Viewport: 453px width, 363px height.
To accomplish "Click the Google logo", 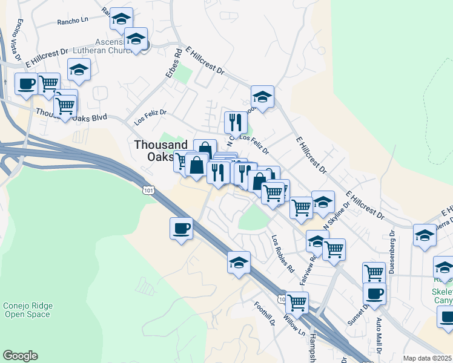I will coord(20,356).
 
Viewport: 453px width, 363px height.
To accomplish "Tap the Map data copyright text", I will coord(428,359).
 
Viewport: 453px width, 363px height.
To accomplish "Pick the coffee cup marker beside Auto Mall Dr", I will coord(374,294).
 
